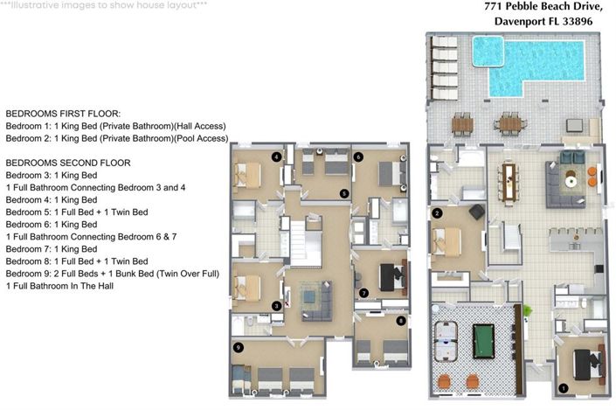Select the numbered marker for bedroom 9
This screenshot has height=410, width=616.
pyautogui.click(x=238, y=347)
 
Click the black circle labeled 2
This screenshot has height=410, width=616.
pyautogui.click(x=437, y=212)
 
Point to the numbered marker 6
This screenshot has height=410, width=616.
pyautogui.click(x=358, y=157)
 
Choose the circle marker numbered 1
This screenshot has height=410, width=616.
pyautogui.click(x=563, y=387)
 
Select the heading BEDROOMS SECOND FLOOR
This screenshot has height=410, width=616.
pyautogui.click(x=68, y=163)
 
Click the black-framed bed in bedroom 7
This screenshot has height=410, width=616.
pyautogui.click(x=390, y=278)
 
